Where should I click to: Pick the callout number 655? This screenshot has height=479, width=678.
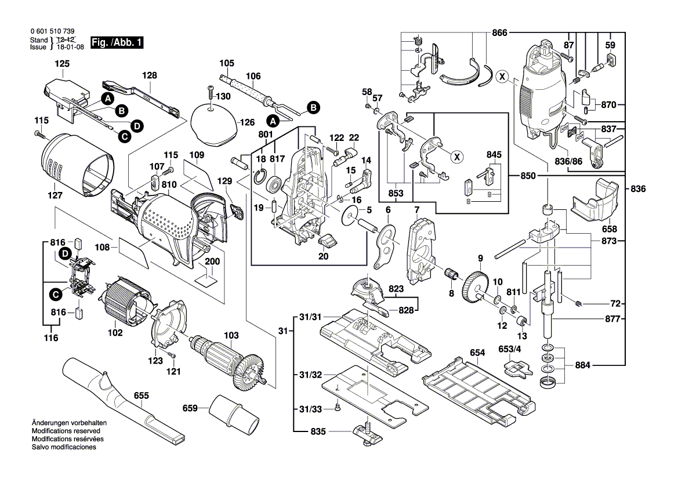(x=141, y=396)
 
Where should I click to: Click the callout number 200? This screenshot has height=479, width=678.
(x=213, y=262)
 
